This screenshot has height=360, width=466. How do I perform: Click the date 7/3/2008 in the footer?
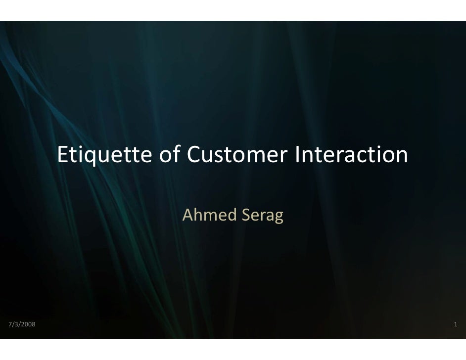[22, 324]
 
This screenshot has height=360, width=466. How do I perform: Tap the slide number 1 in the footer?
[455, 324]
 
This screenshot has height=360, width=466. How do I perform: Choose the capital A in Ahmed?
[187, 215]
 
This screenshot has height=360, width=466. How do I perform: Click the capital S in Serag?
[243, 215]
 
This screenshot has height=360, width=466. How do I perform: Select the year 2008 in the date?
[28, 324]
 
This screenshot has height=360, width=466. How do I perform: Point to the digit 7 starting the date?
[10, 324]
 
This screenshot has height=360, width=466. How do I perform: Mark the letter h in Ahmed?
[197, 215]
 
